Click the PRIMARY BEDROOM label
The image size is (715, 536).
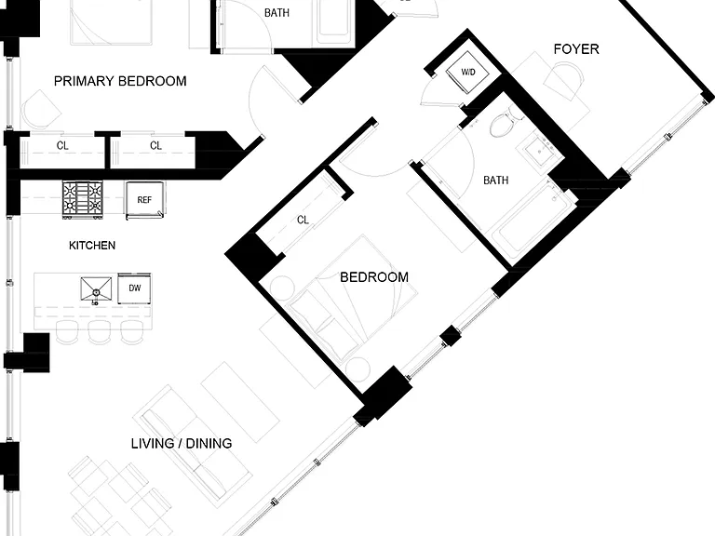pyautogui.click(x=120, y=81)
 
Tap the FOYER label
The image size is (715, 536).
pyautogui.click(x=576, y=49)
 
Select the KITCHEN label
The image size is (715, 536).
pyautogui.click(x=92, y=246)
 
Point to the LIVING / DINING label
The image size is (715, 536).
pyautogui.click(x=182, y=444)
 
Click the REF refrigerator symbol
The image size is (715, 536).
pyautogui.click(x=145, y=200)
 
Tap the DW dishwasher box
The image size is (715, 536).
pyautogui.click(x=134, y=288)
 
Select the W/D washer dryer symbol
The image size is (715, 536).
pyautogui.click(x=468, y=73)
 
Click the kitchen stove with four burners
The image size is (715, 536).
pyautogui.click(x=83, y=199)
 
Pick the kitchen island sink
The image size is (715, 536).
pyautogui.click(x=96, y=289)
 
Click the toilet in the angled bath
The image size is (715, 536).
pyautogui.click(x=505, y=123)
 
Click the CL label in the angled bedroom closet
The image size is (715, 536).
pyautogui.click(x=303, y=221)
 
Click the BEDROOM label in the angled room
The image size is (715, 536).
pyautogui.click(x=374, y=277)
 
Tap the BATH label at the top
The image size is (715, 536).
pyautogui.click(x=277, y=13)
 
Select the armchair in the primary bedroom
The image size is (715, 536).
pyautogui.click(x=41, y=111)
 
